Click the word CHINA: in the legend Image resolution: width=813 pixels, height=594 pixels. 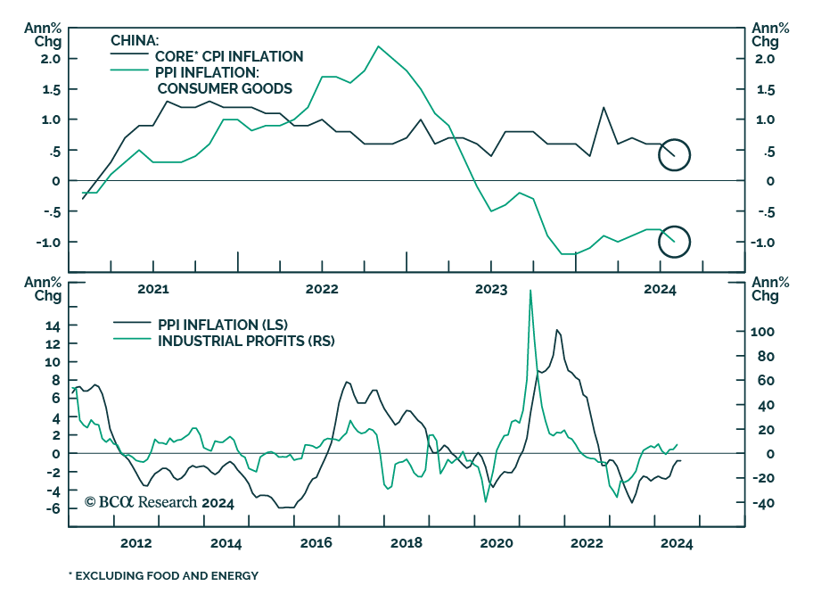[135, 40]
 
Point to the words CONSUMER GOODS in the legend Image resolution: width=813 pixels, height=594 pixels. [225, 88]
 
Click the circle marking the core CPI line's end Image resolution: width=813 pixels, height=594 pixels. [674, 154]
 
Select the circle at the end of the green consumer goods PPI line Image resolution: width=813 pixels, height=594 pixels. [674, 240]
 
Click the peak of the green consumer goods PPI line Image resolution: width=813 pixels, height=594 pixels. [379, 46]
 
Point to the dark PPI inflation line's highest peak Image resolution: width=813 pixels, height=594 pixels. [557, 330]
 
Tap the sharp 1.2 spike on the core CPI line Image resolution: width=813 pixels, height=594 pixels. [604, 108]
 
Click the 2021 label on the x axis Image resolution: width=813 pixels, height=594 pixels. [152, 289]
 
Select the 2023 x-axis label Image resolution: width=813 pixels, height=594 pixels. [490, 289]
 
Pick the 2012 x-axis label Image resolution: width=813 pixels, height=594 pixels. [135, 543]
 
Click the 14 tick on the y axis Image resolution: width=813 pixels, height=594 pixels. [52, 326]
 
